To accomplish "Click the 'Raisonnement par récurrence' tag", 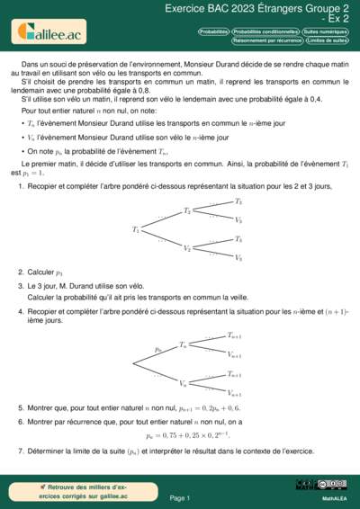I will point(267,40).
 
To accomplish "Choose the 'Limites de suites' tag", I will point(327,40).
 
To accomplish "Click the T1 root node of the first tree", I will point(137,229).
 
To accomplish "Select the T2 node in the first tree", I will point(187,210).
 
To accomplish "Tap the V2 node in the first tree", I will point(187,248).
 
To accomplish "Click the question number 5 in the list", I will point(21,407).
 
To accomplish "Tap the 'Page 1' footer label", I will point(179,496).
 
